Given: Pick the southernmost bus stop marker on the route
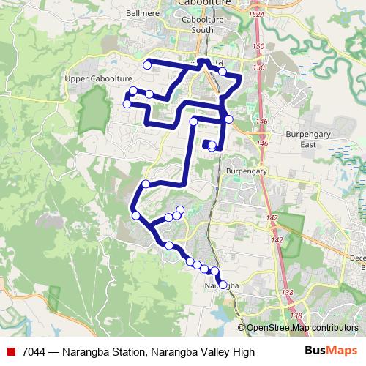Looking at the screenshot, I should [223, 284].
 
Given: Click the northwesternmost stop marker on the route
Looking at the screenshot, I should [147, 65].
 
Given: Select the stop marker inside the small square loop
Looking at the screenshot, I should [212, 146].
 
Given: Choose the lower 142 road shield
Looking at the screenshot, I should [277, 240].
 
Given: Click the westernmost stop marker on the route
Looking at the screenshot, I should [127, 104].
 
